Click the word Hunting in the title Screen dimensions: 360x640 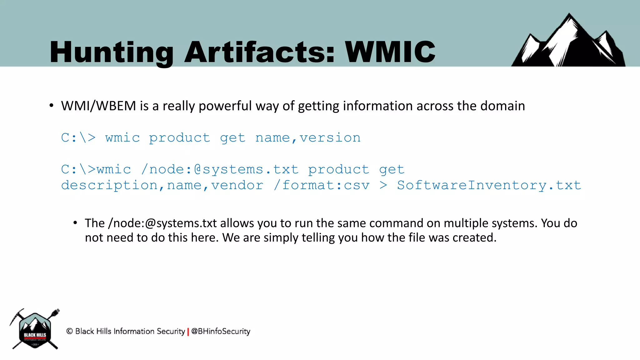point(111,52)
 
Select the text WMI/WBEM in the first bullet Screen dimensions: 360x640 point(98,106)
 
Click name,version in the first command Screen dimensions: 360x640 point(308,138)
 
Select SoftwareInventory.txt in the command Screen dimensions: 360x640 point(489,185)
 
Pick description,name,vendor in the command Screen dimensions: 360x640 point(162,185)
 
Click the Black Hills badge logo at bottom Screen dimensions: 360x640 point(35,330)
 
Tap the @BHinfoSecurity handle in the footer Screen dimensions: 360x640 point(221,331)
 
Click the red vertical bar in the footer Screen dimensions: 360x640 point(188,332)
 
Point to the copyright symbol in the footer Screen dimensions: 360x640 point(69,331)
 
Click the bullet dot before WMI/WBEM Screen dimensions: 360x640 point(51,106)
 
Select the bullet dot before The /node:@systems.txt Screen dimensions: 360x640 point(75,223)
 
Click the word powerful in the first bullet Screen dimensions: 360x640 point(225,106)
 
